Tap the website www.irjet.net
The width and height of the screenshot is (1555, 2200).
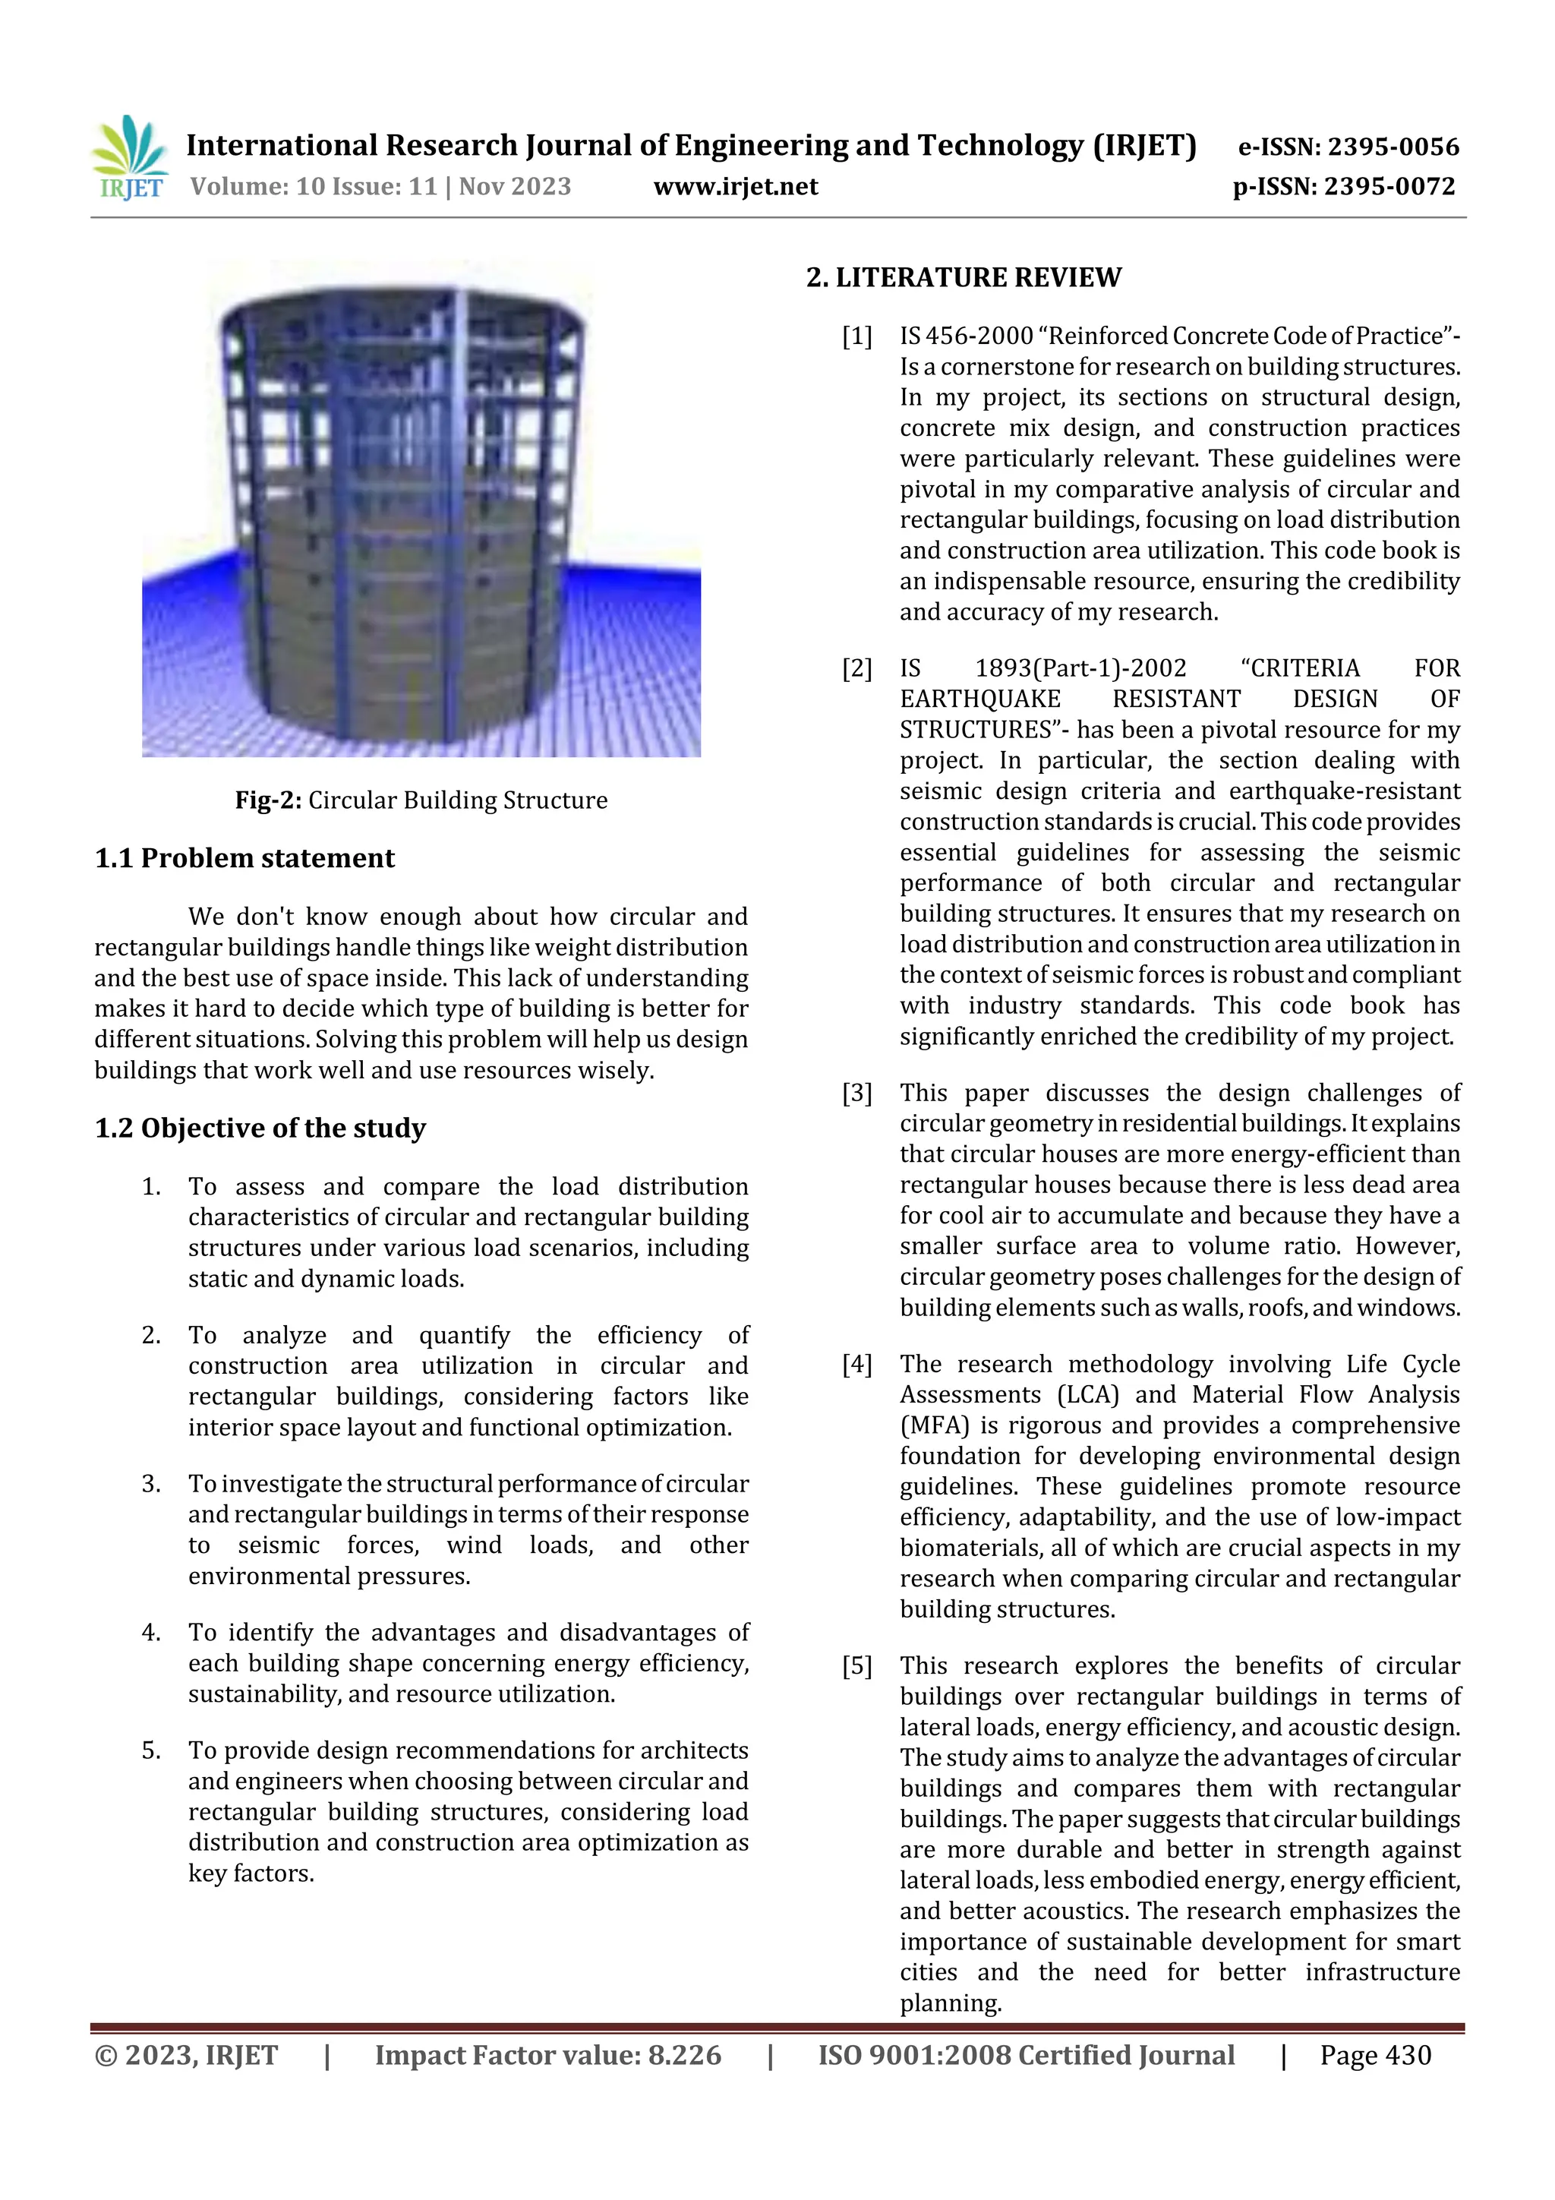click(735, 187)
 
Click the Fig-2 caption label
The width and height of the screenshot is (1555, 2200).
click(268, 800)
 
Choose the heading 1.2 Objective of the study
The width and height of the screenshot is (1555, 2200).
click(260, 1128)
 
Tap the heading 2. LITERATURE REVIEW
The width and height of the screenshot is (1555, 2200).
click(963, 278)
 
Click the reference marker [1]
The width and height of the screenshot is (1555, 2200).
click(856, 336)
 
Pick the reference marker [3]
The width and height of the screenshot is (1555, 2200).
click(856, 1094)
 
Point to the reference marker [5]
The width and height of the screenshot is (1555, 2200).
click(856, 1666)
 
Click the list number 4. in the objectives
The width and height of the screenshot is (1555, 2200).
click(151, 1633)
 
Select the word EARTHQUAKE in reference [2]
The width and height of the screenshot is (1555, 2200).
click(979, 699)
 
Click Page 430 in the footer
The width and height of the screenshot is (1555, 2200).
click(1375, 2055)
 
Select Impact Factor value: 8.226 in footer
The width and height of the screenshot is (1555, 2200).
click(547, 2055)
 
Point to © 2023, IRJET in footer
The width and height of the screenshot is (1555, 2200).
click(186, 2055)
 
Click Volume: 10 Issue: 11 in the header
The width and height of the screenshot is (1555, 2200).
click(314, 187)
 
